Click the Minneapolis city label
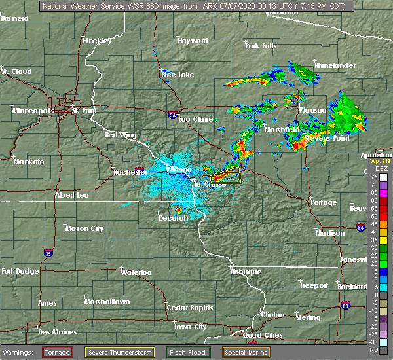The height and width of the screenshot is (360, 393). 33,111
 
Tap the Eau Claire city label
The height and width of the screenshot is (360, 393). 193,119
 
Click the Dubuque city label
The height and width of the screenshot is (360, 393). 246,272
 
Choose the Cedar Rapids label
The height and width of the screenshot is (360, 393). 187,308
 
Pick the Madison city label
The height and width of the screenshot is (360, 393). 329,233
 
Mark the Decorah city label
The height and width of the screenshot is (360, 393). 174,217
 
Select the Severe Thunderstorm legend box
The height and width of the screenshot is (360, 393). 120,352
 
